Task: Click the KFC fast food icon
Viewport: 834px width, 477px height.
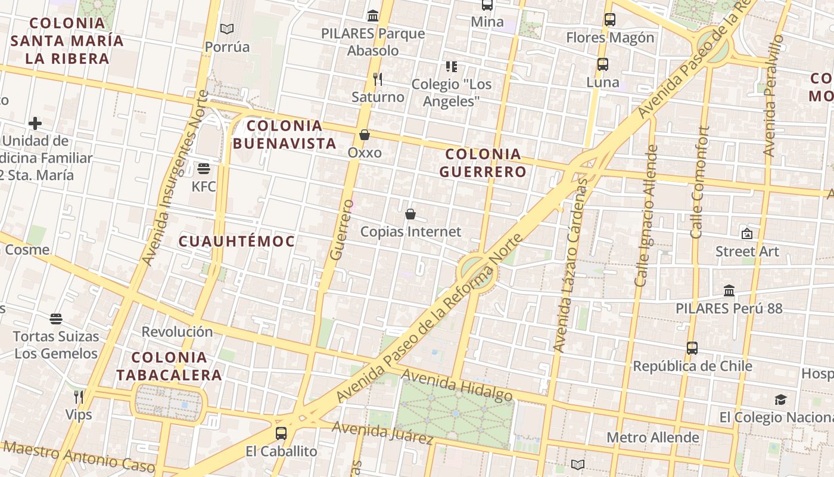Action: [204, 169]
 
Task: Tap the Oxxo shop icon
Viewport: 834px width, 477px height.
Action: [365, 135]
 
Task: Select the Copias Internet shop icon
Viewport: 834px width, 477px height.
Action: [410, 213]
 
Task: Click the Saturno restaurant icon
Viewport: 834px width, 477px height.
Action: [377, 79]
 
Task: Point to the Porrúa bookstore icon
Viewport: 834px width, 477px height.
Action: [226, 29]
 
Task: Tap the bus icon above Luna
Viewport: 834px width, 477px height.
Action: [603, 64]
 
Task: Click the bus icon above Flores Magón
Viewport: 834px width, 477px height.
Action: [610, 20]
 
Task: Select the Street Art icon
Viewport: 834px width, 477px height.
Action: [746, 234]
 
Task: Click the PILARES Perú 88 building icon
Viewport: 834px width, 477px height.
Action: [729, 291]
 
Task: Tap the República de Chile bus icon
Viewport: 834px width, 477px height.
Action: [692, 348]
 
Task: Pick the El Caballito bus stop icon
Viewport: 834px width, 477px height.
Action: [281, 433]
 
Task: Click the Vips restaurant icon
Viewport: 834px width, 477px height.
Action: [79, 397]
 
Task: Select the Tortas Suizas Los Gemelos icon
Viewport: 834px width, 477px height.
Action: [56, 319]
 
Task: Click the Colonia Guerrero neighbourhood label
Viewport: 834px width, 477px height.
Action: [483, 163]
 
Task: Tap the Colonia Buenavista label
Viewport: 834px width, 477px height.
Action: [285, 134]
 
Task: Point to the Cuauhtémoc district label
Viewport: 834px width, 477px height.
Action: [237, 241]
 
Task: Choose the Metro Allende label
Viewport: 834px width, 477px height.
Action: [653, 438]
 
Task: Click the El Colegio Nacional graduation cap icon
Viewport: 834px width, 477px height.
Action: [780, 399]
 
